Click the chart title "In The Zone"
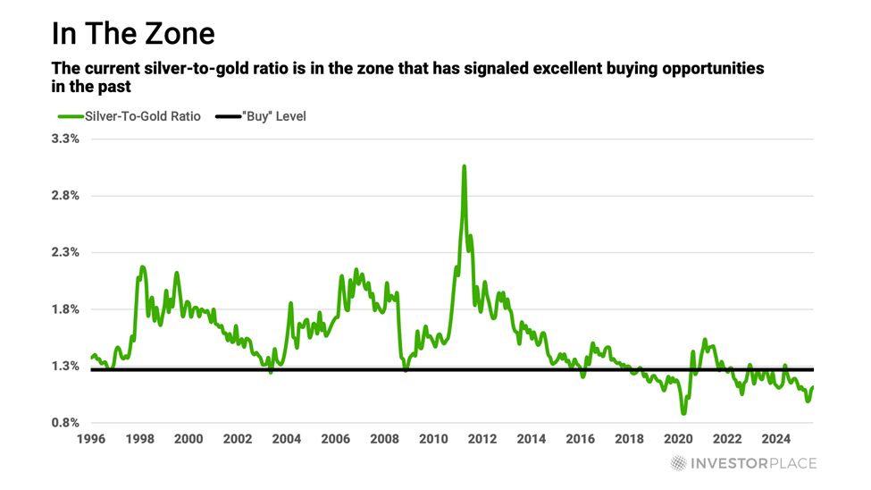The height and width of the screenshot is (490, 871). click(x=133, y=33)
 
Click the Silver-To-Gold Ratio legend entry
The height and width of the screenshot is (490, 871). click(x=130, y=116)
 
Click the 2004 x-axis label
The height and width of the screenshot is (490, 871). click(x=286, y=439)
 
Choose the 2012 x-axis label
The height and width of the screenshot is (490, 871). click(x=482, y=439)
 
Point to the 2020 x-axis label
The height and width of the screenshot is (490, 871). click(x=678, y=439)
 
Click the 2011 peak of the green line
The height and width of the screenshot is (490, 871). click(x=465, y=166)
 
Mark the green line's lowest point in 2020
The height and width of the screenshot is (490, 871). click(x=684, y=413)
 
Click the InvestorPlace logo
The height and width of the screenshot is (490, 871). click(x=743, y=463)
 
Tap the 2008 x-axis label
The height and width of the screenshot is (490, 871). click(x=384, y=439)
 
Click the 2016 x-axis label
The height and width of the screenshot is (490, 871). click(x=581, y=439)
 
